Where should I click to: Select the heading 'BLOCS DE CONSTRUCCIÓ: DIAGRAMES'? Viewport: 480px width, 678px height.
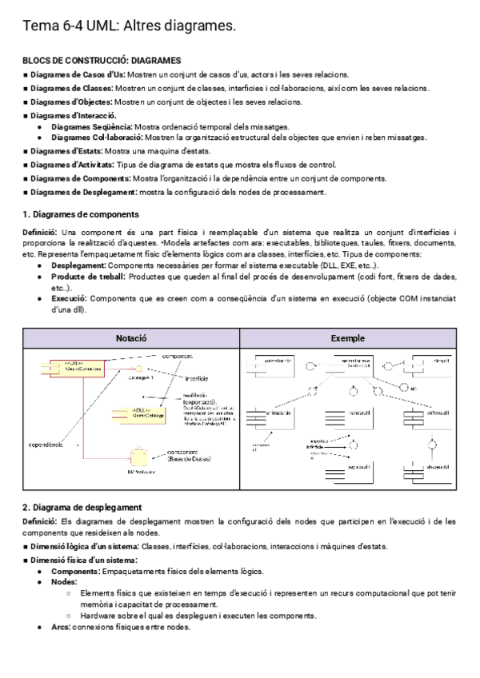point(102,60)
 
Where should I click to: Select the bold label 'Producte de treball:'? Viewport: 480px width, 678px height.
point(88,276)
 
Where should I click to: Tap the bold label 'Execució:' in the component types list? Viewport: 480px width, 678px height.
point(69,298)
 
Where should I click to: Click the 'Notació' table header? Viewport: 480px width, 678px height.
point(131,338)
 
